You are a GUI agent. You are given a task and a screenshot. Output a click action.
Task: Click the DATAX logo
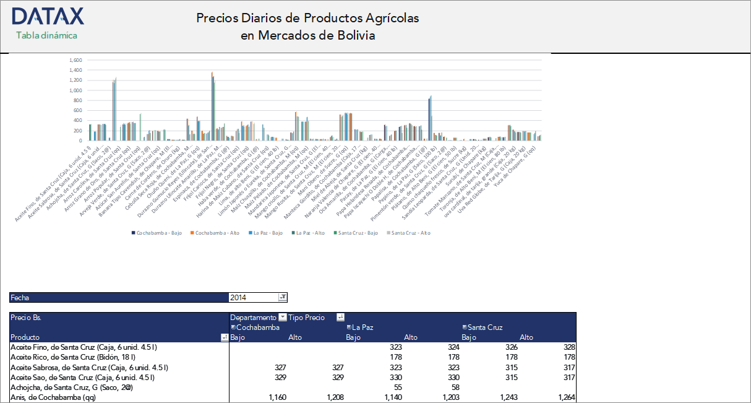pyautogui.click(x=48, y=16)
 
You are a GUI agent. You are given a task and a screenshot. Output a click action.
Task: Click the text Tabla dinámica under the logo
pyautogui.click(x=46, y=35)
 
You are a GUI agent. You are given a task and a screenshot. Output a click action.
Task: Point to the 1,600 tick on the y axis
pyautogui.click(x=75, y=60)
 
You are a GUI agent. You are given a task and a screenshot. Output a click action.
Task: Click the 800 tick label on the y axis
pyautogui.click(x=77, y=100)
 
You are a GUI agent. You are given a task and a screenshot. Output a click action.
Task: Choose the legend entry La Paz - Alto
pyautogui.click(x=310, y=233)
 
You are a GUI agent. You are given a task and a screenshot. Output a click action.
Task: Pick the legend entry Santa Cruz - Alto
pyautogui.click(x=409, y=233)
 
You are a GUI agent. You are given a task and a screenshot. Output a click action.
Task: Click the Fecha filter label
pyautogui.click(x=20, y=298)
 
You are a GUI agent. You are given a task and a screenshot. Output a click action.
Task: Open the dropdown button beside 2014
pyautogui.click(x=283, y=298)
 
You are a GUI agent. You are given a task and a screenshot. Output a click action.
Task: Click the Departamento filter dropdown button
pyautogui.click(x=283, y=318)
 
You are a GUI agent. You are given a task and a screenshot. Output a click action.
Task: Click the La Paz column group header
pyautogui.click(x=363, y=327)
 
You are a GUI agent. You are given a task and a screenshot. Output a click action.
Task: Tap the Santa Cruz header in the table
pyautogui.click(x=484, y=327)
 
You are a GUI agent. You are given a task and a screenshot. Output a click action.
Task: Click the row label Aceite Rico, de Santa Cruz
pyautogui.click(x=73, y=357)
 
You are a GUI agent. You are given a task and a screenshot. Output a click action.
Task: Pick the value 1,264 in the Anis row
pyautogui.click(x=566, y=397)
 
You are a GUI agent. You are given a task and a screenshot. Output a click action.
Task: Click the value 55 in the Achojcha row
pyautogui.click(x=397, y=387)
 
